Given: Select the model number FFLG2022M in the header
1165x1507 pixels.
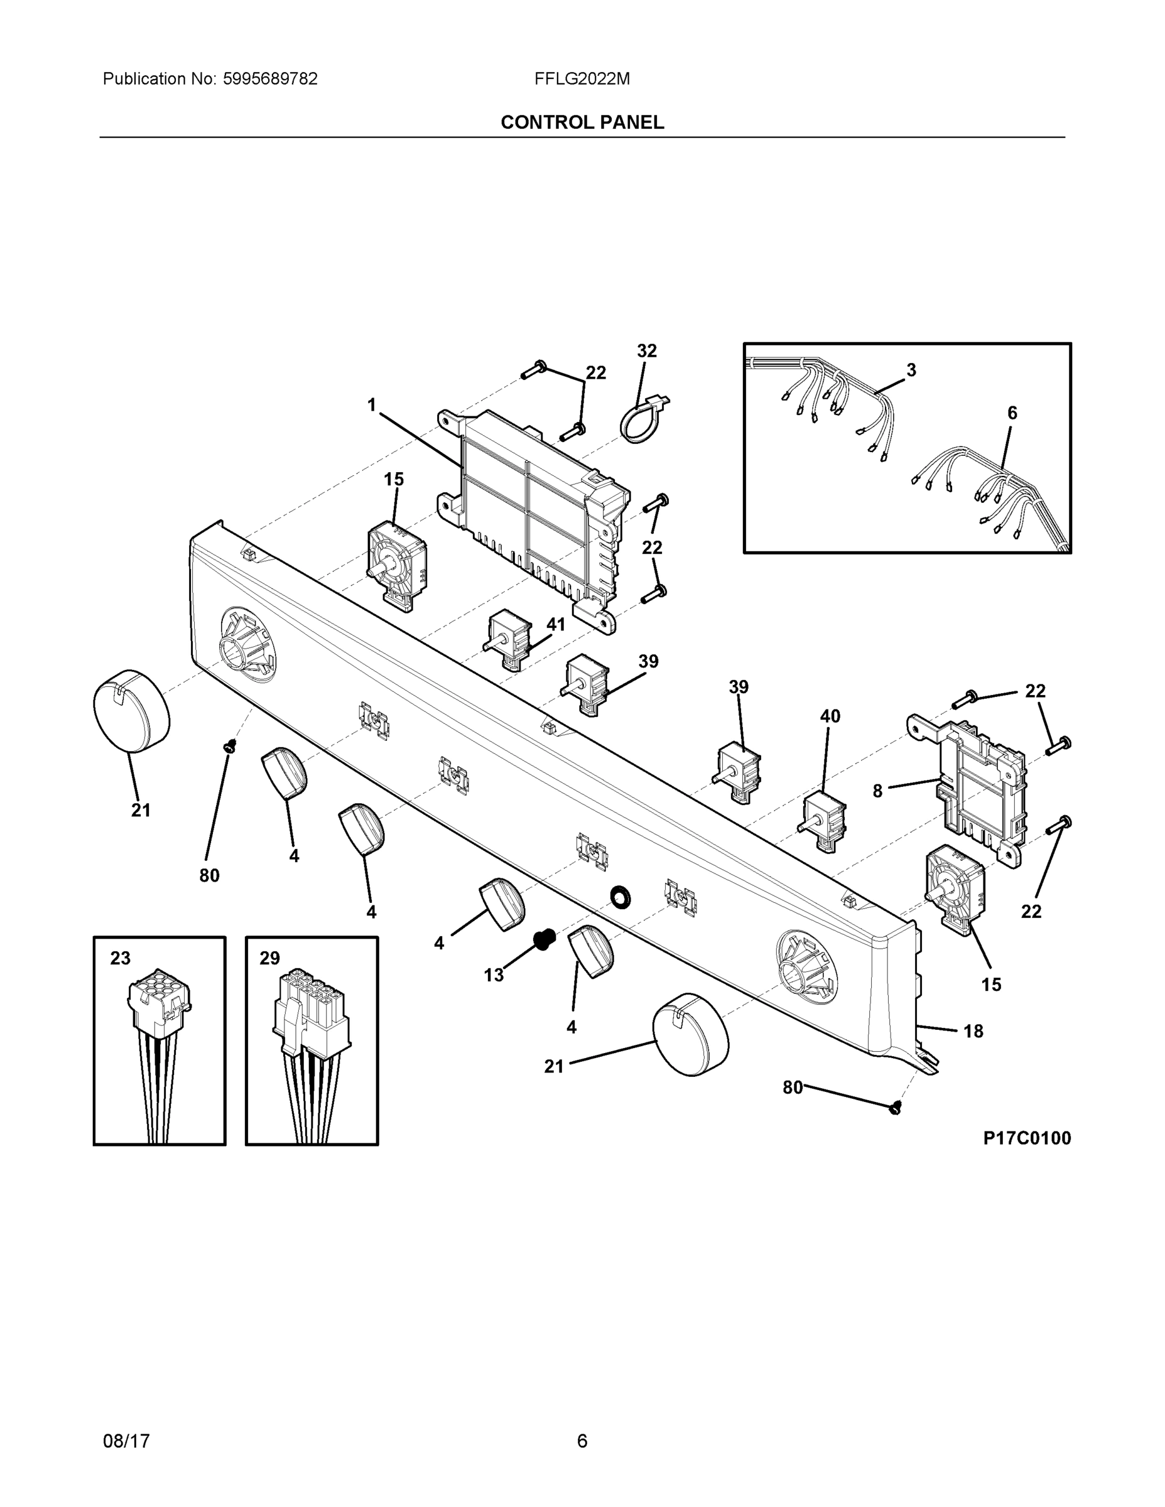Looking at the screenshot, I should [582, 78].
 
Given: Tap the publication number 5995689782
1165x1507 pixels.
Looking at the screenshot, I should [270, 78].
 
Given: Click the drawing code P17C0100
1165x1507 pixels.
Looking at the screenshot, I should [1027, 1138].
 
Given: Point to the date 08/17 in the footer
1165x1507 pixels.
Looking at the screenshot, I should [126, 1441].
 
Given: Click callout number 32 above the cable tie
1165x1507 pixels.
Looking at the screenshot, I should [646, 350].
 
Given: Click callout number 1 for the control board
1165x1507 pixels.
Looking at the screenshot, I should [372, 404].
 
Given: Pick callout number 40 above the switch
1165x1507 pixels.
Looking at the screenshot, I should [830, 716].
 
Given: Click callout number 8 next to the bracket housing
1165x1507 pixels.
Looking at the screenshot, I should [877, 791].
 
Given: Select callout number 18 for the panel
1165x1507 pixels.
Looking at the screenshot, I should [973, 1031].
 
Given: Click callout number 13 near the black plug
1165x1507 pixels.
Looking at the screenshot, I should [494, 975].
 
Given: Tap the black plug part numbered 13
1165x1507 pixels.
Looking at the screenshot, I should [544, 939].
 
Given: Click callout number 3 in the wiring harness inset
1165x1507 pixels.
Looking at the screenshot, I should [911, 370].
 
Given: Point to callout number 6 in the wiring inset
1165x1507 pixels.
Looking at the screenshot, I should [1012, 413].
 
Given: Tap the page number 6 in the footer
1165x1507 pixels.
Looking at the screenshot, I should [582, 1441].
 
